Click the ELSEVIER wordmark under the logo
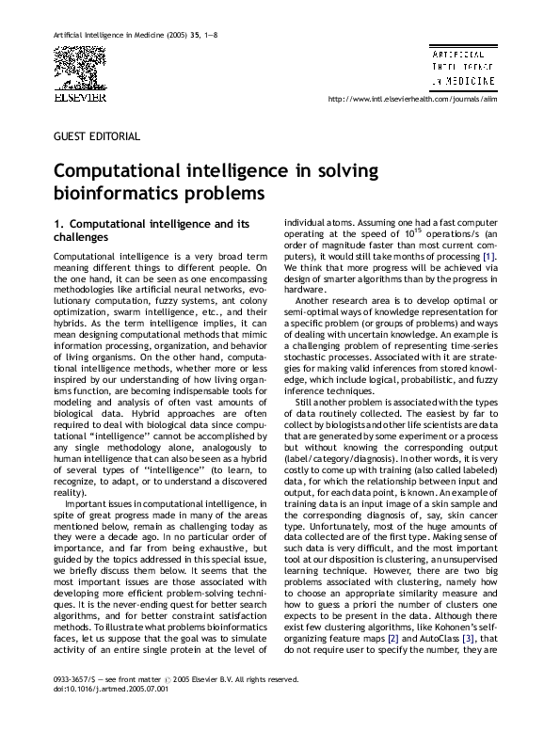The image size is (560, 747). click(79, 95)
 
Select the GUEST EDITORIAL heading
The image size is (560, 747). click(98, 136)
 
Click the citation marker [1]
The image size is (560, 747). click(488, 257)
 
